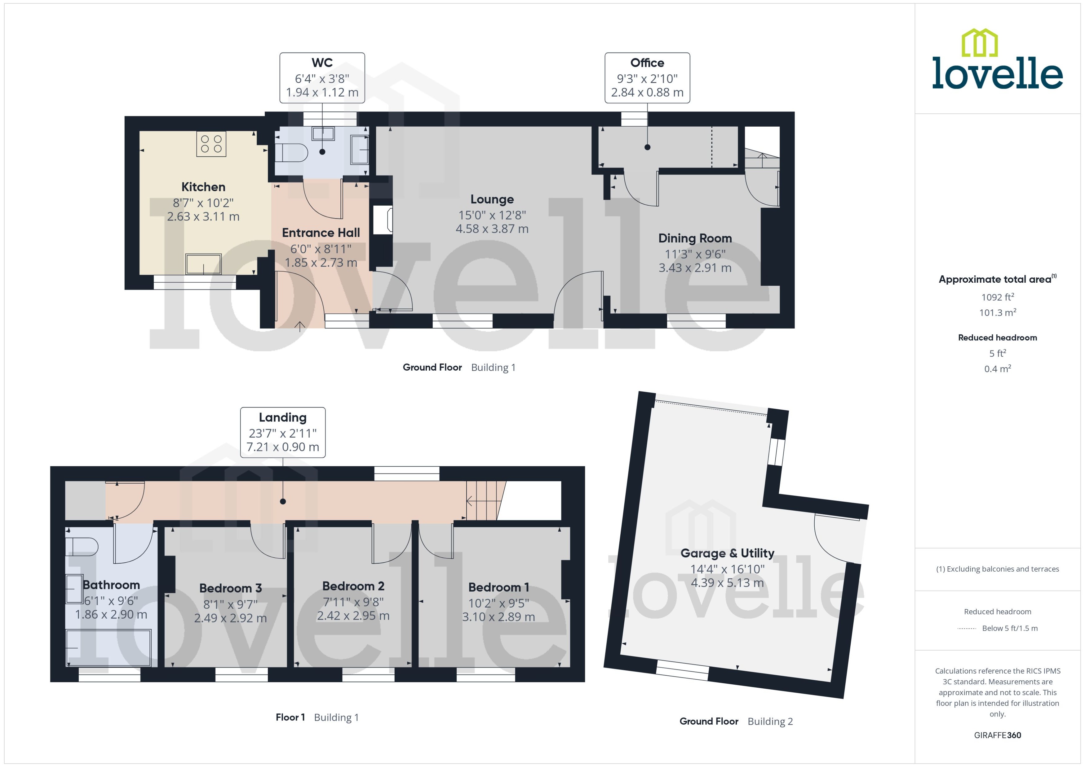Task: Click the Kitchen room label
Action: click(x=203, y=187)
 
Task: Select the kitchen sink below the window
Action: click(x=203, y=264)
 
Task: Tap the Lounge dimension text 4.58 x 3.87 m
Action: click(x=492, y=229)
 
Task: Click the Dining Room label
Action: click(x=694, y=238)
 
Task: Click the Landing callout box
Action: click(x=283, y=432)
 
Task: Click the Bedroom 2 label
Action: click(x=353, y=586)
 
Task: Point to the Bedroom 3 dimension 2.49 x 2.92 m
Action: click(x=230, y=618)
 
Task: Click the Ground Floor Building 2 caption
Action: click(x=736, y=721)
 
